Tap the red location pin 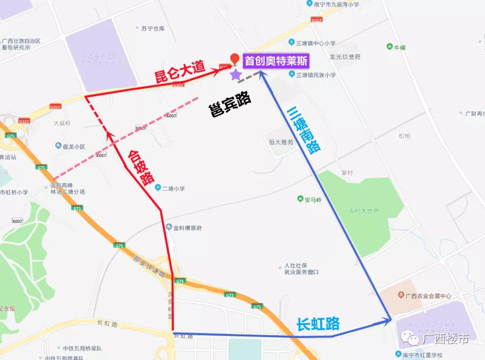[234, 59]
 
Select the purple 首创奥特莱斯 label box [276, 61]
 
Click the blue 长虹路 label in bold [317, 324]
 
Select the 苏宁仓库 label [153, 29]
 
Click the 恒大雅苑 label [281, 142]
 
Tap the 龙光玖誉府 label [345, 57]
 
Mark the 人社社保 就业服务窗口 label [301, 269]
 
